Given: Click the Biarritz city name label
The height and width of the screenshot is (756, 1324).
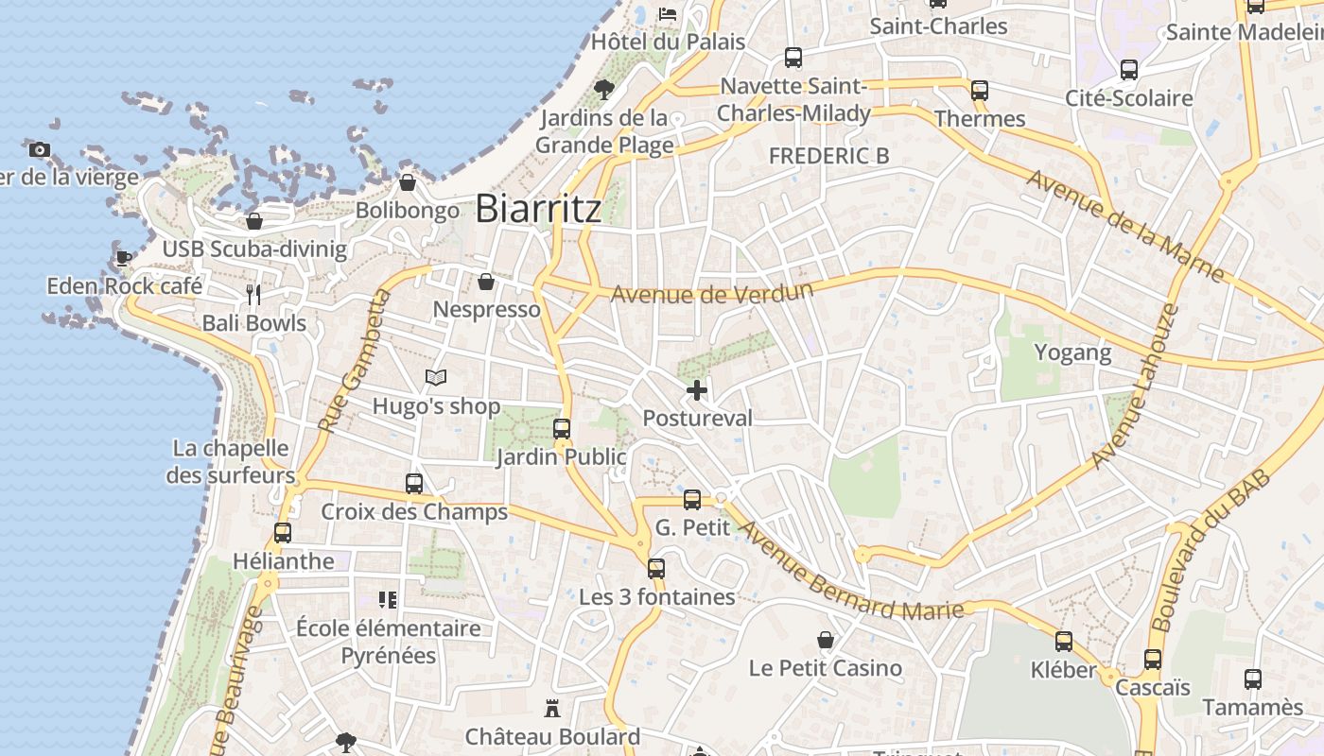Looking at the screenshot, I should click(537, 209).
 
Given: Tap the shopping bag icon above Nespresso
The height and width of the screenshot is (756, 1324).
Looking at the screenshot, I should click(486, 282).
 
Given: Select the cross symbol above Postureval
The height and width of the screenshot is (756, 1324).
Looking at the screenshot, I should click(697, 389).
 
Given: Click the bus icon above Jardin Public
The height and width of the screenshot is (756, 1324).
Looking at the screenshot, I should click(562, 428).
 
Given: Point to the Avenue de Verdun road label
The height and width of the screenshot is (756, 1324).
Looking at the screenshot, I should click(711, 293).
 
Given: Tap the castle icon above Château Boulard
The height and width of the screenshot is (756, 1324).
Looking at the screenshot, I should click(552, 708).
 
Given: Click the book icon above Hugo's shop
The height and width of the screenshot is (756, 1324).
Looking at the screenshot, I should click(435, 378).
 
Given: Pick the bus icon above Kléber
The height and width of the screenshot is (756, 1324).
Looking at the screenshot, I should click(1064, 642).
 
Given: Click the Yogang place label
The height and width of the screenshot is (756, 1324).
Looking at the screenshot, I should click(1072, 352).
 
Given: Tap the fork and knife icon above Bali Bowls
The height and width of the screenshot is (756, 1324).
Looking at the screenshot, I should click(253, 295).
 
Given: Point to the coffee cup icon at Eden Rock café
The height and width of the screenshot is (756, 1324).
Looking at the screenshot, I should click(124, 257).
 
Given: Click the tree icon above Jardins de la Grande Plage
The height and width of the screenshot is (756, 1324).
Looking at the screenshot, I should click(603, 90).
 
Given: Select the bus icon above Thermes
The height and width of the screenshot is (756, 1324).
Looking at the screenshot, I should click(980, 91).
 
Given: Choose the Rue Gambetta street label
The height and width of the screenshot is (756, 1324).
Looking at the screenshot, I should click(355, 362).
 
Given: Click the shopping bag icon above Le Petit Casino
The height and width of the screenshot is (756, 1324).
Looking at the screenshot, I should click(826, 640).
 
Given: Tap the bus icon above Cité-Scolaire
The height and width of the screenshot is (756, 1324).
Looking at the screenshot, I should click(1128, 69).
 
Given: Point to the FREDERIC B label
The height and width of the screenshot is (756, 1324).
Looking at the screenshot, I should click(828, 156).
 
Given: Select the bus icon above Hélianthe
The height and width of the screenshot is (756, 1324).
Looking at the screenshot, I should click(282, 532).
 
